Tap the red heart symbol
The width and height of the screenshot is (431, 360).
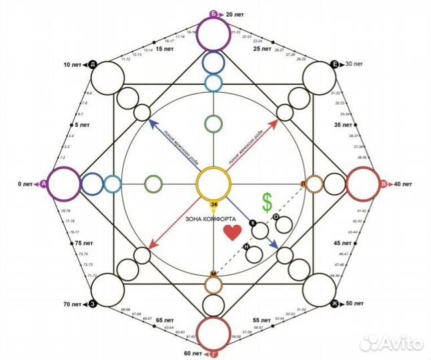coord(232,233)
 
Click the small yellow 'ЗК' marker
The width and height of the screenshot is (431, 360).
coord(213,204)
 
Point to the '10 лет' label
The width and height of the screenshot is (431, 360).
coord(71,65)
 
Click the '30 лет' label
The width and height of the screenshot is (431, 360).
coord(354,64)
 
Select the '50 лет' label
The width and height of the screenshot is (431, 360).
coord(355,303)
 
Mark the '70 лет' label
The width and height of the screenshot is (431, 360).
coord(72,304)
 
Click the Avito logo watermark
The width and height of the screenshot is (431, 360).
coord(391,343)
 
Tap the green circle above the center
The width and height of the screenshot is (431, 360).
coord(213,123)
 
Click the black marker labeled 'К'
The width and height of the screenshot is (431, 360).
coord(253,223)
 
